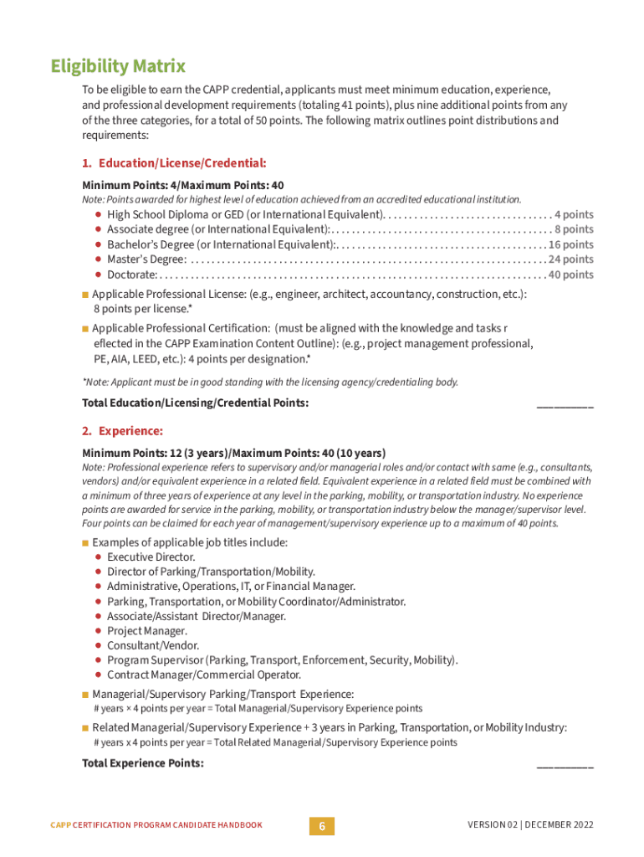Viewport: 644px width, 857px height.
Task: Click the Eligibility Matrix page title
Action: [117, 66]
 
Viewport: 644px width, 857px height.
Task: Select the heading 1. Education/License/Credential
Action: [174, 162]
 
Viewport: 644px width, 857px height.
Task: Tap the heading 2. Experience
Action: [122, 431]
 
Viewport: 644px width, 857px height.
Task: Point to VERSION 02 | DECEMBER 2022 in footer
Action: [530, 825]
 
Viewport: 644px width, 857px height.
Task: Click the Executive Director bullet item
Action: [151, 557]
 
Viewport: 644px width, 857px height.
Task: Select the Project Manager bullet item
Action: [146, 631]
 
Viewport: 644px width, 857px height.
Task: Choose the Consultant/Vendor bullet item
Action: [152, 646]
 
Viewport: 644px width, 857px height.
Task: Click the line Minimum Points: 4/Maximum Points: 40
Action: [182, 185]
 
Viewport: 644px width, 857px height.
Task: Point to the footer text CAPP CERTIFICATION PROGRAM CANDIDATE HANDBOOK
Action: [156, 825]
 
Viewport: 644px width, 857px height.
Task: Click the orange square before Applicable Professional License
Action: [85, 295]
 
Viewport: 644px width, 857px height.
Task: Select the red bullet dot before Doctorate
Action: [98, 275]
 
